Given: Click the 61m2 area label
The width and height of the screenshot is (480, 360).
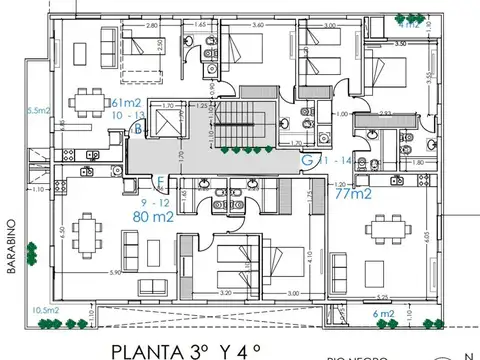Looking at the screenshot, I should pyautogui.click(x=126, y=103).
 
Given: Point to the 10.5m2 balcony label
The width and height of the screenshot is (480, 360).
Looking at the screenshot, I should pyautogui.click(x=44, y=310).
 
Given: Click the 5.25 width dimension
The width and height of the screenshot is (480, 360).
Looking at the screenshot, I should pyautogui.click(x=381, y=297).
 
